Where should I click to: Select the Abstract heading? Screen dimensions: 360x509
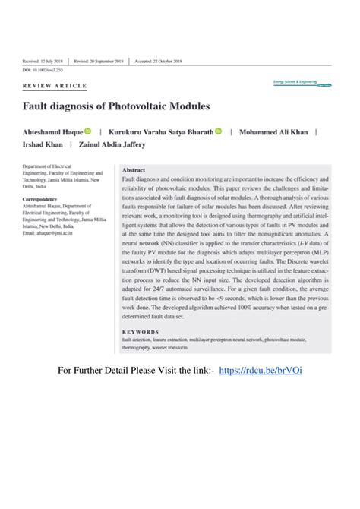[133, 170]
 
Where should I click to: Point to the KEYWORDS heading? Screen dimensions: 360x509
[141, 332]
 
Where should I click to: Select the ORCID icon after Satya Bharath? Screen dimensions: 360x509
[218, 131]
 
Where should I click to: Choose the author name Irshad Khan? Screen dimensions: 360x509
[43, 144]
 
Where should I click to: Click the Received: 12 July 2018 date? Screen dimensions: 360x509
[43, 61]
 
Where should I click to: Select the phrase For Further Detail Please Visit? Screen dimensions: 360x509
[137, 369]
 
